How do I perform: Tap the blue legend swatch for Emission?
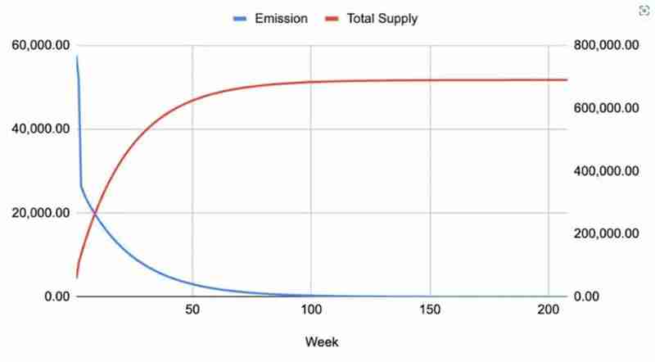242,18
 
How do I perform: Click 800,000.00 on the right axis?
607,45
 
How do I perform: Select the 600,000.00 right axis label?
607,108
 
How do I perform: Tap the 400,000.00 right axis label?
607,171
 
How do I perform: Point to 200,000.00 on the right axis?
607,233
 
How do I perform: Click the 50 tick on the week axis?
192,310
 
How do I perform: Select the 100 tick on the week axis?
311,310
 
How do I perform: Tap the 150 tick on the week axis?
430,310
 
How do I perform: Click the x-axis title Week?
322,342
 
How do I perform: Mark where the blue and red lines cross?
95,213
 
